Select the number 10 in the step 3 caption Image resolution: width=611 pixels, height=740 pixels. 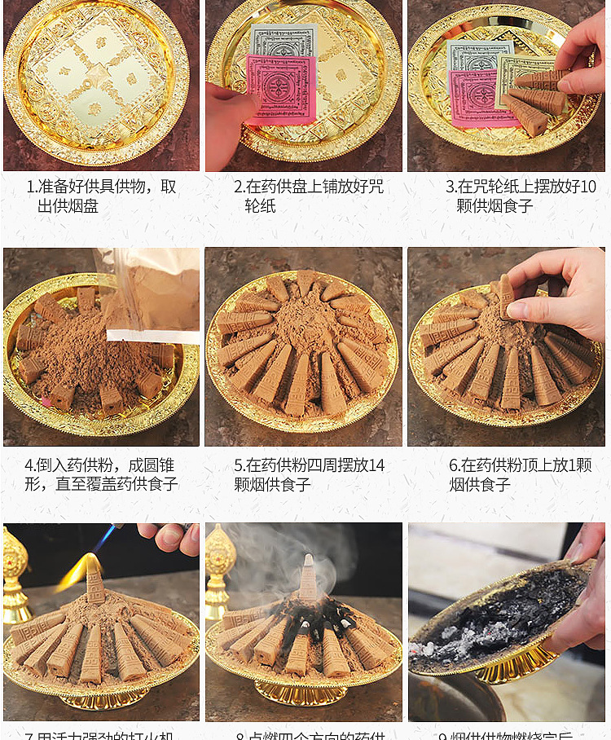(x=587, y=187)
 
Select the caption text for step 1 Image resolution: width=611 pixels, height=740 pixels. (x=102, y=196)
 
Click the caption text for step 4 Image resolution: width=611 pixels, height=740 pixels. (x=101, y=475)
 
